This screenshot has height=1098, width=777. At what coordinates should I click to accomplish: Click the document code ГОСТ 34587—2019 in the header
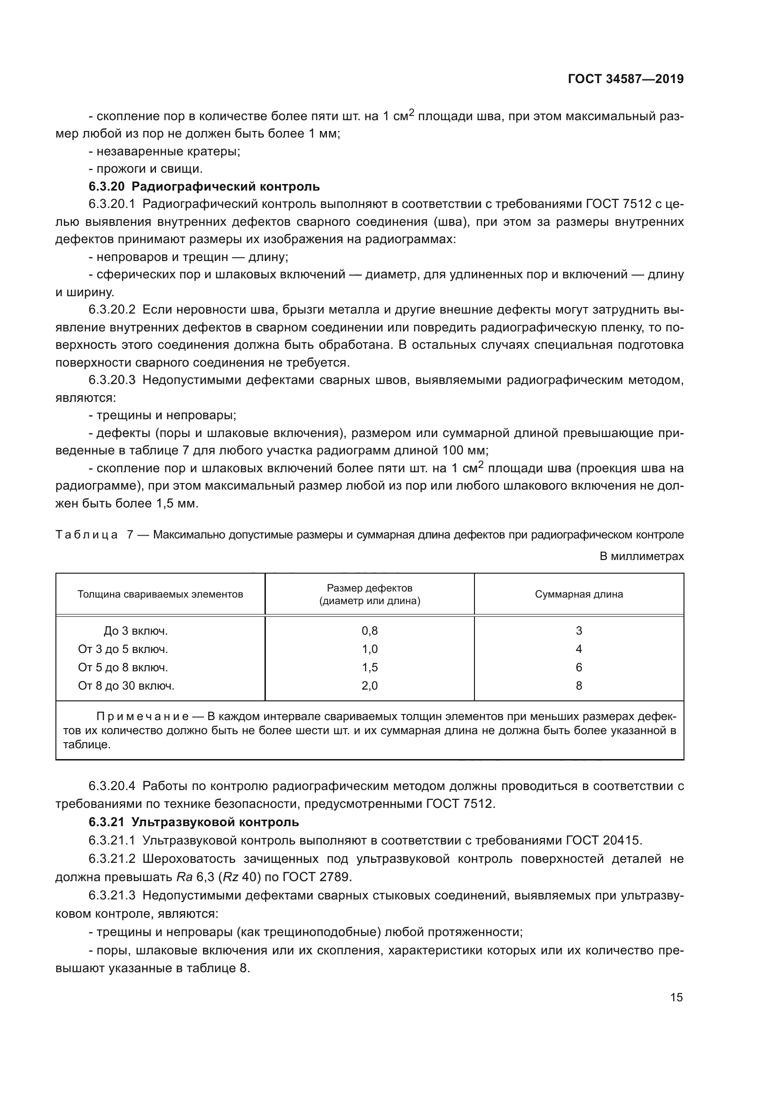[x=625, y=79]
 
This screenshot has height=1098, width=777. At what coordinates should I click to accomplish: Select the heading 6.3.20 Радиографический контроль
[x=204, y=186]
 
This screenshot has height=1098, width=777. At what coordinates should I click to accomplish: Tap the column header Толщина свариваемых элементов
[x=160, y=594]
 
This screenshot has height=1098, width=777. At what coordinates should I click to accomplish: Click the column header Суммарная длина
[x=578, y=594]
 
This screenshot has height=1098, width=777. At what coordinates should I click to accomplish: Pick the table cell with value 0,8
[x=369, y=631]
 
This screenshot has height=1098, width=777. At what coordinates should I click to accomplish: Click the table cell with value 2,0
[x=369, y=686]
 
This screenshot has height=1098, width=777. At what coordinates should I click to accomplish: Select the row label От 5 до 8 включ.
[x=123, y=668]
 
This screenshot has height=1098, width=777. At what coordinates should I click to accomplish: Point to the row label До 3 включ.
[x=135, y=631]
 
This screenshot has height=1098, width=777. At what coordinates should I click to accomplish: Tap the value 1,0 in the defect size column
[x=369, y=649]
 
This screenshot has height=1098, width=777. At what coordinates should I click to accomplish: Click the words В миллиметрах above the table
[x=642, y=557]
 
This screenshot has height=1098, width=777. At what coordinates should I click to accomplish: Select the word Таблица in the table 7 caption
[x=86, y=535]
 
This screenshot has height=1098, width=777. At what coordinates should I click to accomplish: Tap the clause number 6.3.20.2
[x=112, y=310]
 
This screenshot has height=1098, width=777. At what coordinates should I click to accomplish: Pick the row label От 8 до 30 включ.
[x=126, y=686]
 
